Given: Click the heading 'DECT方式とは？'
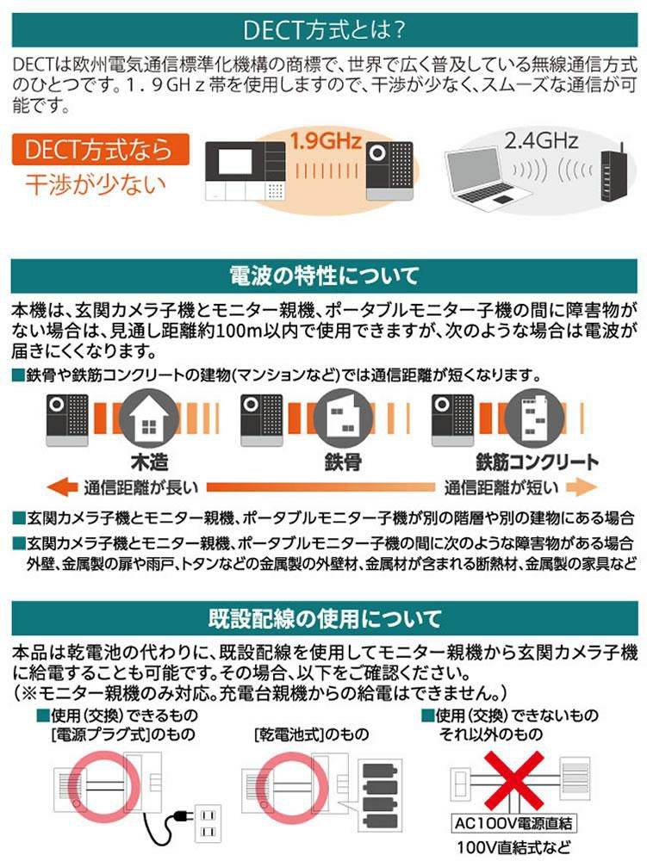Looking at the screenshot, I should (x=323, y=31).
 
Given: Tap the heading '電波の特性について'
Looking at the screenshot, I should (x=323, y=276).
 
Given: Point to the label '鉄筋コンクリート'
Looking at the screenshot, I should (x=536, y=461).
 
